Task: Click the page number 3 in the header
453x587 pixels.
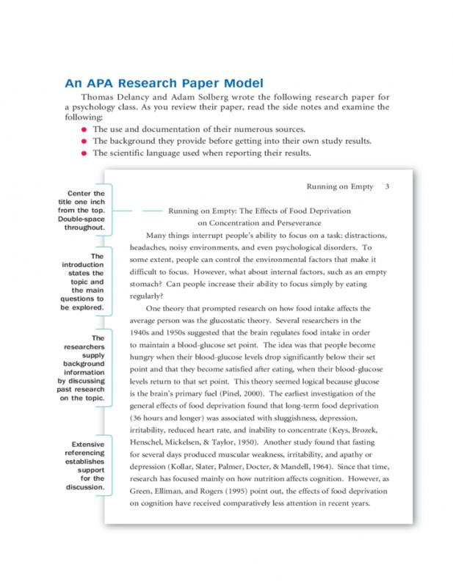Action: click(x=387, y=187)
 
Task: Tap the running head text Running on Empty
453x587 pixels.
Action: click(x=337, y=187)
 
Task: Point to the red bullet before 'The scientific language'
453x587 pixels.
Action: click(x=84, y=153)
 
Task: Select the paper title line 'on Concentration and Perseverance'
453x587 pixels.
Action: click(x=259, y=222)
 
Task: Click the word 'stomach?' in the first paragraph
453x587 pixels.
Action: click(x=146, y=284)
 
